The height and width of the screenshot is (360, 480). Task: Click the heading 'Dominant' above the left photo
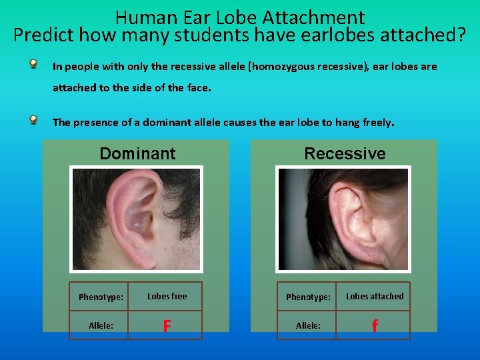(137, 154)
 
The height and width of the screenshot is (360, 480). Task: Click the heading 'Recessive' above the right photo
(345, 154)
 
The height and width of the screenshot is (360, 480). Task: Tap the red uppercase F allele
(167, 326)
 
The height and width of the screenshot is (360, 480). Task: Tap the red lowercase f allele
(374, 326)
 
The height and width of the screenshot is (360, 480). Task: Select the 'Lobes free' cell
(167, 297)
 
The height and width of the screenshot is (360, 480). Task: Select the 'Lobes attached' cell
(374, 297)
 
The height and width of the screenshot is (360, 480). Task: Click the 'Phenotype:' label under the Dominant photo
(101, 297)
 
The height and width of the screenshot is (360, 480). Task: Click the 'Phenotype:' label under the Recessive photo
(308, 297)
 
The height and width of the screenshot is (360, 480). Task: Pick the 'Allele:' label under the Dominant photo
(101, 325)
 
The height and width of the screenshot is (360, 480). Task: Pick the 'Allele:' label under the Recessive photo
(308, 325)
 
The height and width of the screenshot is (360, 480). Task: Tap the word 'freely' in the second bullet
(377, 123)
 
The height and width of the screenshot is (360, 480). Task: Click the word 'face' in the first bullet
(198, 87)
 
